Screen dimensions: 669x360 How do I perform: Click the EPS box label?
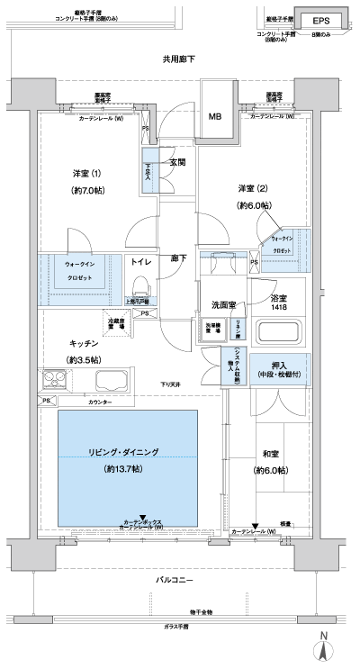point(319,21)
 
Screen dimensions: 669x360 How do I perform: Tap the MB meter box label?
point(216,117)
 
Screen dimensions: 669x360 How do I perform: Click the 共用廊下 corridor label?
point(179,59)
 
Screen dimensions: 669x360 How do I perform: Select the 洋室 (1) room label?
point(87,174)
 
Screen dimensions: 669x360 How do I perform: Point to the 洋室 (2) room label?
point(253,188)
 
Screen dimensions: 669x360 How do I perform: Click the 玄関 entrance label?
point(177,163)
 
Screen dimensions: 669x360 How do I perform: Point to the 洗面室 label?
point(224,304)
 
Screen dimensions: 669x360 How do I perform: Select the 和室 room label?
point(268,455)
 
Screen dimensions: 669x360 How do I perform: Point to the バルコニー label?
point(175,583)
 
